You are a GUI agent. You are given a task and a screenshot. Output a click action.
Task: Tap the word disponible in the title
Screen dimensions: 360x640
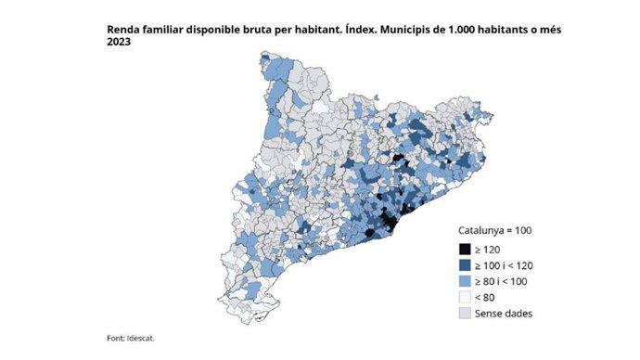[219, 31]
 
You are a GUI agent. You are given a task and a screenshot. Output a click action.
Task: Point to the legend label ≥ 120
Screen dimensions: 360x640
[488, 249]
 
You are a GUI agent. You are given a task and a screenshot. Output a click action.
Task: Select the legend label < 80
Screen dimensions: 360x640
[486, 297]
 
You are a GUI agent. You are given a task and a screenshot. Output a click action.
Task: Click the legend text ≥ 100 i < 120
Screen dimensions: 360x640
[506, 264]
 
